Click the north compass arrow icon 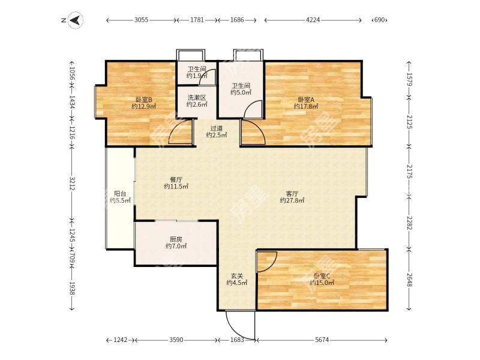(x=75, y=20)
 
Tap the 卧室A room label (x=306, y=100)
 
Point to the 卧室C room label (x=322, y=275)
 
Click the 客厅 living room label (x=292, y=194)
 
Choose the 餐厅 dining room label (x=176, y=179)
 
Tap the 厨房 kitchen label (x=176, y=239)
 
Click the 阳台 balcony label (x=120, y=194)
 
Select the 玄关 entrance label (x=236, y=275)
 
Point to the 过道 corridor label (x=217, y=128)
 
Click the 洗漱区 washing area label (x=197, y=97)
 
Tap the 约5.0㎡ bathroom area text (x=241, y=92)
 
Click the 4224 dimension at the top (x=313, y=20)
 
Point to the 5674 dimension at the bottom (x=322, y=340)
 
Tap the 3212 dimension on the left (x=72, y=183)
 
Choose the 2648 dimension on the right (x=410, y=280)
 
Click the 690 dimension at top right (x=379, y=20)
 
